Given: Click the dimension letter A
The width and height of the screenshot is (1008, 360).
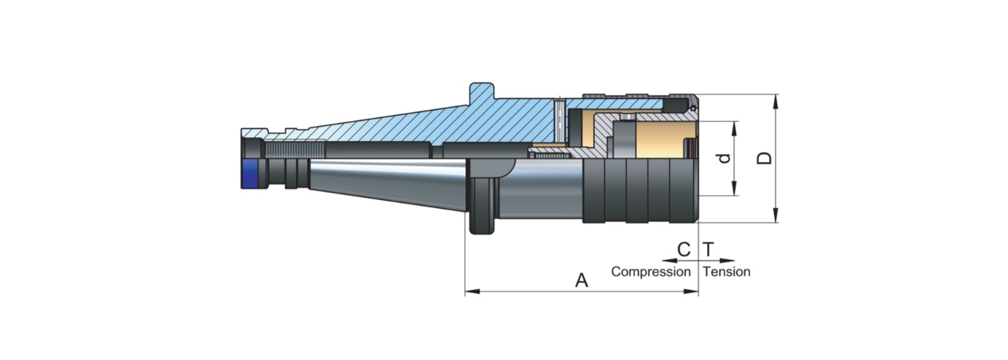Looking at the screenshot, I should point(582,281).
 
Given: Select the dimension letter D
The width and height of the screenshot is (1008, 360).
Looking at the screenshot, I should point(766,158).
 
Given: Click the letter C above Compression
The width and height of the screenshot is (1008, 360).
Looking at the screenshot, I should point(684,250).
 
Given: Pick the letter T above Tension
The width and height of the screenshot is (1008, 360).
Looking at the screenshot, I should point(708,250).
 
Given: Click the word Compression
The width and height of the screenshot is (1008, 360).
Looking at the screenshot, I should point(650,272).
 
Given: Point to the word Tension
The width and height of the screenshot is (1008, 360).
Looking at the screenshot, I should point(726,272).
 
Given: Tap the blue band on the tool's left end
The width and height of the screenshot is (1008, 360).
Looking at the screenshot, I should point(250,174).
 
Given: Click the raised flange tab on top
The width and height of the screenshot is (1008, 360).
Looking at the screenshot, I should point(482,91).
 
